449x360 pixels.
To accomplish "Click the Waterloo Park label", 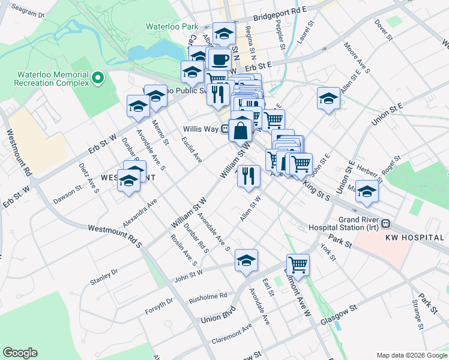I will coord(172,27).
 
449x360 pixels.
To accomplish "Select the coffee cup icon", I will coord(220,59).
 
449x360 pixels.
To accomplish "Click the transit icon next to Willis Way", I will coord(224,128).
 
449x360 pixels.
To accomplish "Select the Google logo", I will coord(20,352).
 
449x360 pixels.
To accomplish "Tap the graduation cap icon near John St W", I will coord(246,261).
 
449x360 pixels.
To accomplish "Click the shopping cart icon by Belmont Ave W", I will coord(298,263).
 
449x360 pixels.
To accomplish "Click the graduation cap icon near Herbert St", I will coord(367,191).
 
